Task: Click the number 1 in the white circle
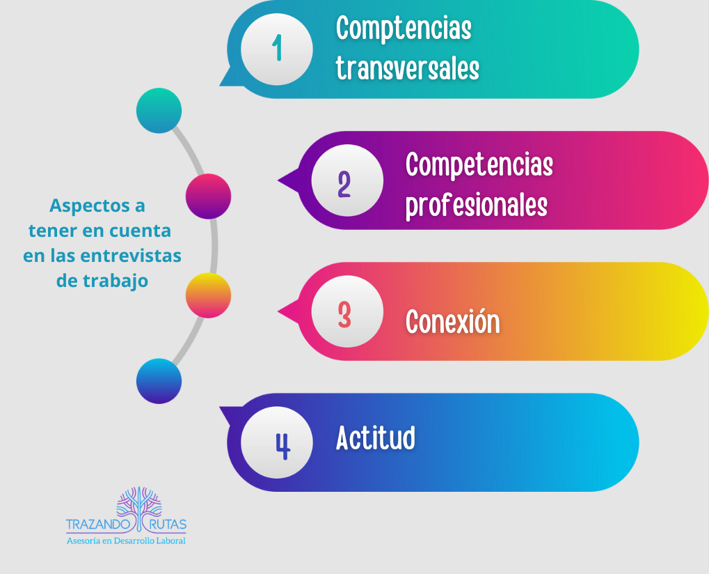point(277,47)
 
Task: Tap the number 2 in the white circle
point(344,184)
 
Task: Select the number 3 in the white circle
point(344,315)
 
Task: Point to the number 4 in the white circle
point(283,447)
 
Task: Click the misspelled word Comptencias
point(404,28)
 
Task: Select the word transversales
point(407,68)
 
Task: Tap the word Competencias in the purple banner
point(479,164)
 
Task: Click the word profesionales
point(477,206)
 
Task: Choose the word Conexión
point(453,320)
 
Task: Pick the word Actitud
point(375,437)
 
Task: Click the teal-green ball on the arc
point(159,111)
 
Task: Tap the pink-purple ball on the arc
point(209,196)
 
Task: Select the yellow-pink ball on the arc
point(209,295)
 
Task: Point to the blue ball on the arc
point(159,381)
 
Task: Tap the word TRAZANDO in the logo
point(98,525)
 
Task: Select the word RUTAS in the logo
point(168,525)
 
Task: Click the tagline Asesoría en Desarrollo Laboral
point(126,541)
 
